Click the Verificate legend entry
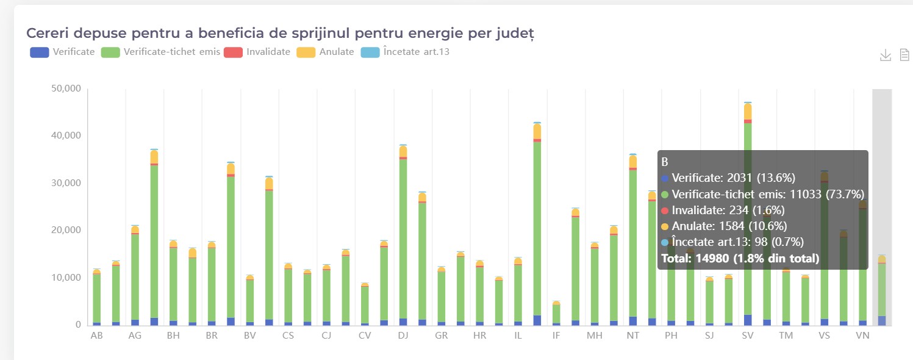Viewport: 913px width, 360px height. (x=63, y=52)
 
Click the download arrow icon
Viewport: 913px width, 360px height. (x=886, y=56)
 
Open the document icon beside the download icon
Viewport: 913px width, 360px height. (x=904, y=56)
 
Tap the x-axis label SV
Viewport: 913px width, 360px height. (x=748, y=336)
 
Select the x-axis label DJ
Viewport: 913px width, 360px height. (x=403, y=336)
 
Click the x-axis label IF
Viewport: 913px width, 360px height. (x=556, y=336)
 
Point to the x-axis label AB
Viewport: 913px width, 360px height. (x=96, y=336)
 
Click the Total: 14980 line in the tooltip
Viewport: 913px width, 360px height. (x=740, y=259)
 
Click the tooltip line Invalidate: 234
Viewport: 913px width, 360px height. (x=723, y=210)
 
